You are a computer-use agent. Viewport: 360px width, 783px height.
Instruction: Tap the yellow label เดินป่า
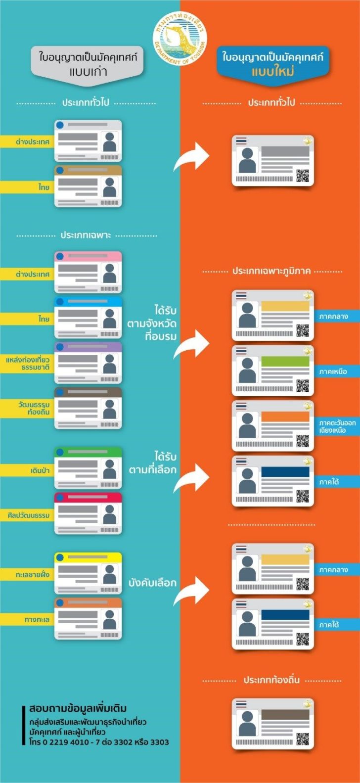coord(27,470)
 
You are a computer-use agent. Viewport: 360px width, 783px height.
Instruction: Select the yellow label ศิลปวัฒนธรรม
coord(27,515)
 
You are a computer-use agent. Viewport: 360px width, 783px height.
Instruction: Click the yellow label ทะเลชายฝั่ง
coord(27,575)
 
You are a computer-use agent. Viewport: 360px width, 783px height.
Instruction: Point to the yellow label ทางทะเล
coord(27,620)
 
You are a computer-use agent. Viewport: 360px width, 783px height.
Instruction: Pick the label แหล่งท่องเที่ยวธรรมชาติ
coord(27,364)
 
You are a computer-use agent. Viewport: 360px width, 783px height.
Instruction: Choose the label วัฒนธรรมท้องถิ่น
coord(27,408)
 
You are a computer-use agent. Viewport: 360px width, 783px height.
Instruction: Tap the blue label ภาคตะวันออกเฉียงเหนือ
coord(337,426)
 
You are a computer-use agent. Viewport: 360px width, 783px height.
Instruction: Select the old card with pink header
coord(88,272)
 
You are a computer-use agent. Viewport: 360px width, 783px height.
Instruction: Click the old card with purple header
coord(88,363)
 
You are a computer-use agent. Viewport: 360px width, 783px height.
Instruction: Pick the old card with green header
coord(88,468)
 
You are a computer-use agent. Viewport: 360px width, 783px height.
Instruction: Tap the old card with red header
coord(88,513)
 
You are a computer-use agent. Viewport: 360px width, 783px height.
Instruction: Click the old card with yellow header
coord(88,573)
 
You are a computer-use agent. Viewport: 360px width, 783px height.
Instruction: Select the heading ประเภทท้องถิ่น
coord(271,680)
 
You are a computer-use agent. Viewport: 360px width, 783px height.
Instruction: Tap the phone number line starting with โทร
coord(99,742)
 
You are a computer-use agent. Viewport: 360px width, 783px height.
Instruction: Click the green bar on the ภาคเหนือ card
coord(285,361)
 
